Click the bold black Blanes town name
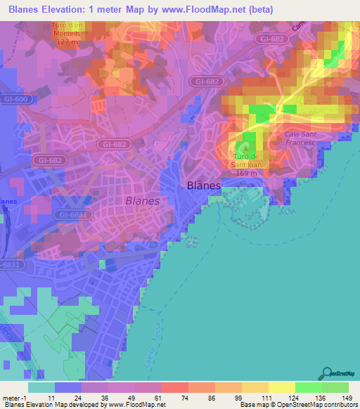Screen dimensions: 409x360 coord(204,186)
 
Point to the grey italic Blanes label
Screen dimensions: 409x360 coord(141,200)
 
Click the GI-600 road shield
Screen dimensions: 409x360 coord(15,99)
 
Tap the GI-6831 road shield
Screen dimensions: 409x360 coord(72,215)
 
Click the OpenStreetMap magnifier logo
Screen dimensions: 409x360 coord(327,374)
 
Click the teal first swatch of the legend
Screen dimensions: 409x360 coord(41,387)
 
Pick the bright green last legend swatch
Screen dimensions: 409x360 coord(335,387)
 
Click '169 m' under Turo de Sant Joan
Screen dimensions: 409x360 coord(246,173)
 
